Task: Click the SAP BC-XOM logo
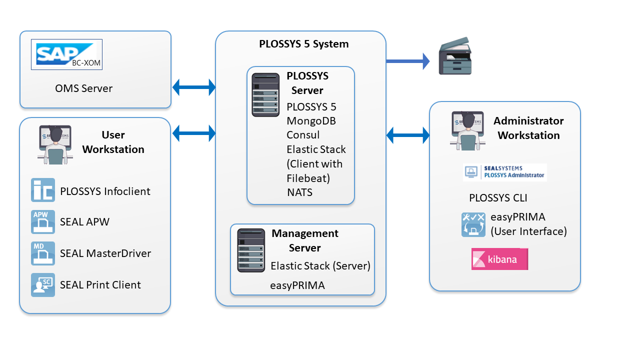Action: point(66,54)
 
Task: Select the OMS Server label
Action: point(83,88)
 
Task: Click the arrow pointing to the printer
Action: point(408,61)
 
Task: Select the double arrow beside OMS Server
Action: point(193,87)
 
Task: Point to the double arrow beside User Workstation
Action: point(193,133)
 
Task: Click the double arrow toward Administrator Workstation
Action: point(408,134)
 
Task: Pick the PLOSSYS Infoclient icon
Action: point(43,190)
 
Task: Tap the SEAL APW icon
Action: point(43,222)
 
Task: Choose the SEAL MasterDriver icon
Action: point(43,253)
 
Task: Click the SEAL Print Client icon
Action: point(43,285)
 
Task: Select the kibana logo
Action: point(499,259)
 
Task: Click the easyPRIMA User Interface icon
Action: point(473,224)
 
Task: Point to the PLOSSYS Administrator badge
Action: point(505,172)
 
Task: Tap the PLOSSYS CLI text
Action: point(498,198)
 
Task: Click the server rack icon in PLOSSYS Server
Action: point(265,95)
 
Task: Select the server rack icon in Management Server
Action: point(251,250)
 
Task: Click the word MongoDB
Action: point(311,121)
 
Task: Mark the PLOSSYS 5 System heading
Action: point(304,44)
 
